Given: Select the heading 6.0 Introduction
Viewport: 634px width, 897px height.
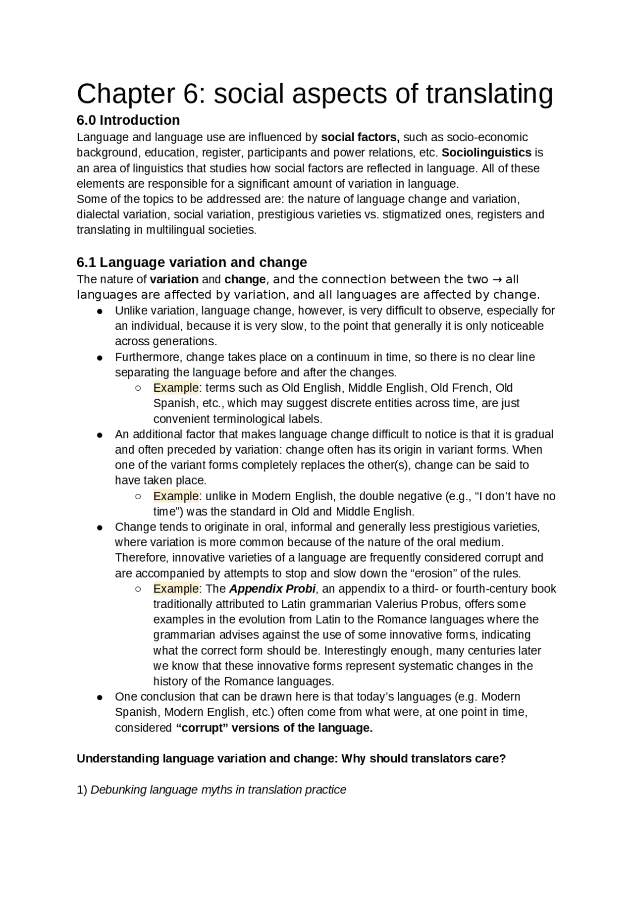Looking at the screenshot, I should (128, 120).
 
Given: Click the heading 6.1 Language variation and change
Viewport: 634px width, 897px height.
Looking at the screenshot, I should (192, 262).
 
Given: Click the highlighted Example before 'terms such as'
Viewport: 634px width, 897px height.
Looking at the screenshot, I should (176, 388).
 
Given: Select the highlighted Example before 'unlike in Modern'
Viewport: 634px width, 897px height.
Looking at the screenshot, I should (176, 496).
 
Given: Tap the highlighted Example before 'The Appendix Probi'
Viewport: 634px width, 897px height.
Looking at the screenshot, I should (176, 589).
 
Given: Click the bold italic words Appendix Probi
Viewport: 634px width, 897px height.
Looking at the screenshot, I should (272, 589).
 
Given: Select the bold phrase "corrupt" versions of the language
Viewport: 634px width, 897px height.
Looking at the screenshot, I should (274, 728).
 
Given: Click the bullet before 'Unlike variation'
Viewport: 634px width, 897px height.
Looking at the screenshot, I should (100, 312).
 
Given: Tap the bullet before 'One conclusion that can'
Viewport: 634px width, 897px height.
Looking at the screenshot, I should (100, 697).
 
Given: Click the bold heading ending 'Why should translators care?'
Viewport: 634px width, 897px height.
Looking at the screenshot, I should (291, 759).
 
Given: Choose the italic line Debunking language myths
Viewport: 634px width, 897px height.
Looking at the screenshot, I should (218, 790).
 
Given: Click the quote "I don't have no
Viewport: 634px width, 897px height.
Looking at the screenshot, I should (515, 496).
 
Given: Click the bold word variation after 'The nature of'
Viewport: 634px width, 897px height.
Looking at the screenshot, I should (174, 279).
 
